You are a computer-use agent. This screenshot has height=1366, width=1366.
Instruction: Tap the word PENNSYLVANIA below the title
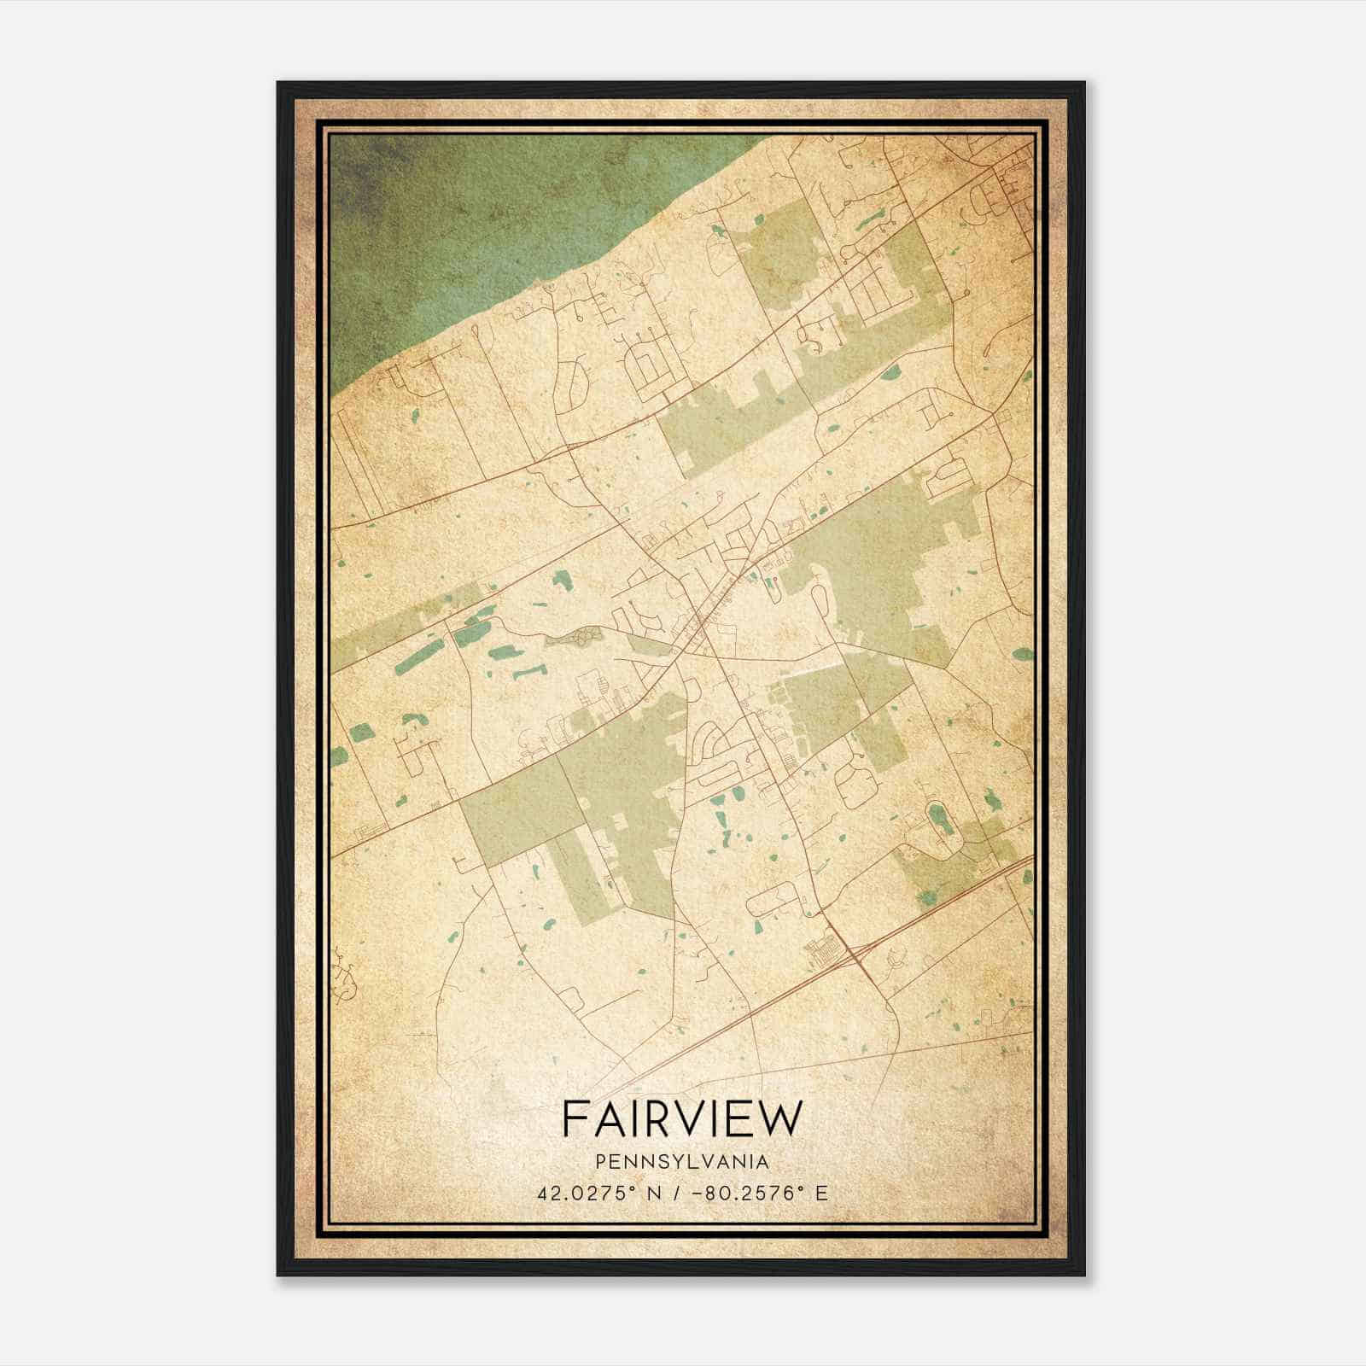click(682, 1162)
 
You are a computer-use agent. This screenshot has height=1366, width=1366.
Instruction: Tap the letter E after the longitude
click(821, 1193)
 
